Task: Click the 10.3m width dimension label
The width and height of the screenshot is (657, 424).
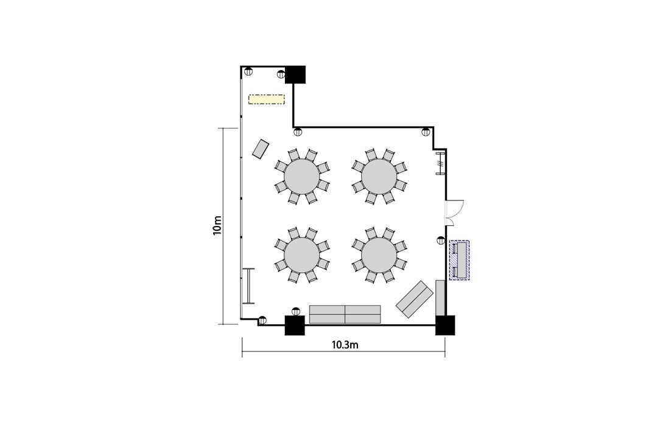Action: click(x=345, y=345)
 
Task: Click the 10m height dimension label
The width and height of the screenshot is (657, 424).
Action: click(x=217, y=225)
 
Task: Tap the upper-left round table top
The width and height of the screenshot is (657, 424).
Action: click(x=301, y=176)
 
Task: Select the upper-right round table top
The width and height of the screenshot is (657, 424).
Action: click(x=379, y=176)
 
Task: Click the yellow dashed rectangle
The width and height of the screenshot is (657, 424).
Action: click(x=267, y=99)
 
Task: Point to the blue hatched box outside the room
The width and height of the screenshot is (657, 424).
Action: click(x=459, y=260)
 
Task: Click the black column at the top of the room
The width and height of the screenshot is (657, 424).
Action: click(x=295, y=75)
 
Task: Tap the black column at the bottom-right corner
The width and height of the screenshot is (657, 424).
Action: click(x=445, y=325)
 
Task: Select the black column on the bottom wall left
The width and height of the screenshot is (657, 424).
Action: click(x=295, y=325)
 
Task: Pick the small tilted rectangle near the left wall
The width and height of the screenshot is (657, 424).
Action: click(x=261, y=149)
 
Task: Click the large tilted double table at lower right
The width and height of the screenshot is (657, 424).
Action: click(x=415, y=299)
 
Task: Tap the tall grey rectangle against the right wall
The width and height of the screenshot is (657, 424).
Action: click(x=440, y=297)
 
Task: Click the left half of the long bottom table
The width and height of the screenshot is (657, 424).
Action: click(x=327, y=314)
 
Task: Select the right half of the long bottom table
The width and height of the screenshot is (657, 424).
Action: click(x=363, y=314)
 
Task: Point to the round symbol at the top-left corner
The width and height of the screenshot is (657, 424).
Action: click(x=248, y=71)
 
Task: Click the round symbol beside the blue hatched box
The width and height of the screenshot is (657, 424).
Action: click(x=441, y=240)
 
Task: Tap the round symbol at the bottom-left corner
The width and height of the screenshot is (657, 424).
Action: click(x=262, y=320)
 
